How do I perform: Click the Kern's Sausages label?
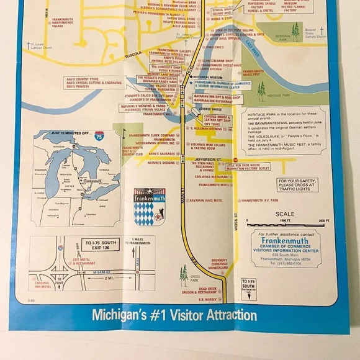pyautogui.click(x=161, y=154)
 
